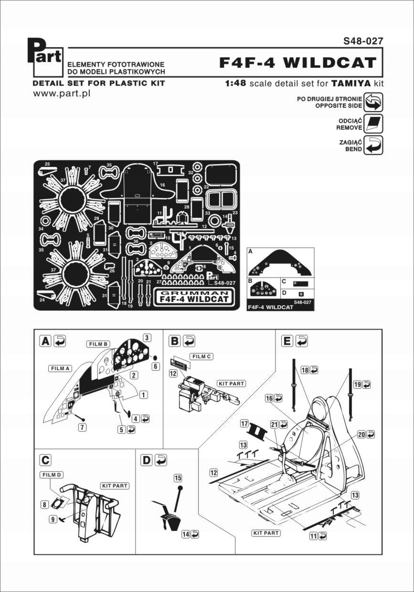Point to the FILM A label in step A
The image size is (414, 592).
pyautogui.click(x=59, y=368)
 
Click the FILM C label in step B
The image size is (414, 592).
pyautogui.click(x=202, y=356)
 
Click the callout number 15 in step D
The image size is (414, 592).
pyautogui.click(x=178, y=478)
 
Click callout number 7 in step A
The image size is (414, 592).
pyautogui.click(x=83, y=427)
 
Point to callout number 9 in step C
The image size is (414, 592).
pyautogui.click(x=53, y=519)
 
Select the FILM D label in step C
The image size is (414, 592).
pyautogui.click(x=52, y=475)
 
